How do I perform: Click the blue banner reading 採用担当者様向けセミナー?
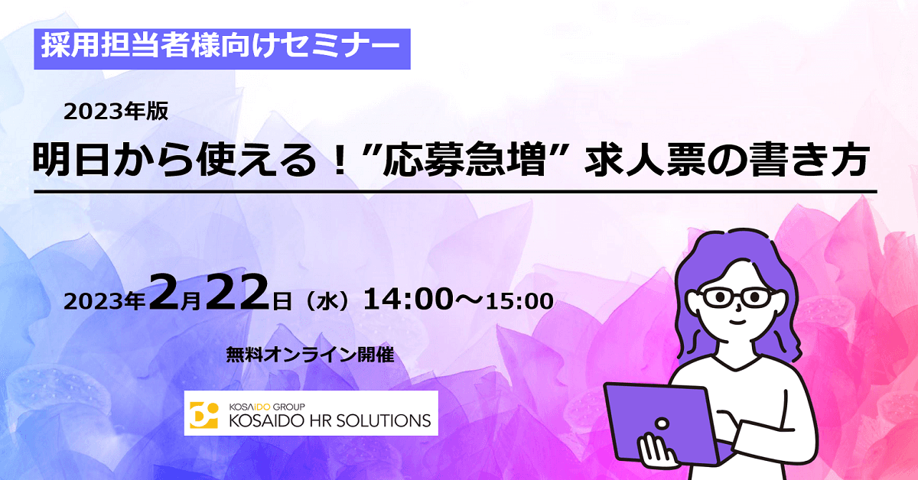222,49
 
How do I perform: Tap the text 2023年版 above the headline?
116,112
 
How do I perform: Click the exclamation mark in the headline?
340,161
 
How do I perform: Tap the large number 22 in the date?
237,293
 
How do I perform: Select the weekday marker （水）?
327,301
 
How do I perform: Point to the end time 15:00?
519,301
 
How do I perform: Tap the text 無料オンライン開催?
311,355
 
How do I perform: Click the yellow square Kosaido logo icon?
203,415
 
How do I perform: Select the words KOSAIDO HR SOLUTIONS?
330,420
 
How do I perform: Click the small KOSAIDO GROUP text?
267,407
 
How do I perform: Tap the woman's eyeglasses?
737,297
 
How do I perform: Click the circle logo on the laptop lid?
662,423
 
